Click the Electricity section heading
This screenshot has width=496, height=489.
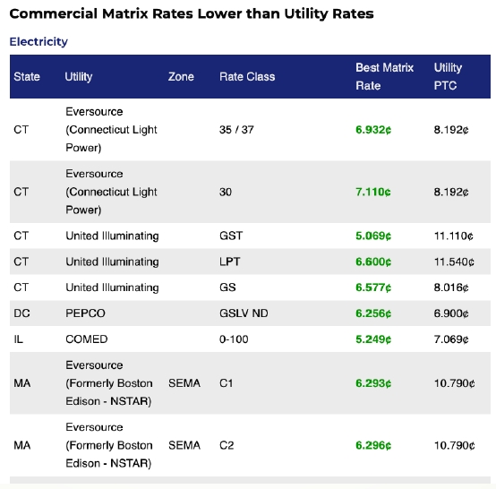(x=38, y=41)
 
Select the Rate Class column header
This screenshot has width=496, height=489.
(x=247, y=77)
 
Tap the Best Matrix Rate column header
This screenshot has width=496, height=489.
(x=384, y=77)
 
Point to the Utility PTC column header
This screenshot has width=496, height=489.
(x=448, y=77)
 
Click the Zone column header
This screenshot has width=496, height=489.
(x=181, y=77)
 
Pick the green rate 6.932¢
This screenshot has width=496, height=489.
(x=373, y=130)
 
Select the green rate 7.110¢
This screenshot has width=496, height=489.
(x=373, y=192)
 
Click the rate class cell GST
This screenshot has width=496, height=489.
(x=231, y=236)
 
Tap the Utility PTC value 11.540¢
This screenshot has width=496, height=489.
(x=454, y=262)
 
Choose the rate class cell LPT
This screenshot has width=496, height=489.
(x=230, y=262)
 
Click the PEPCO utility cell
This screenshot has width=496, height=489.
(x=85, y=313)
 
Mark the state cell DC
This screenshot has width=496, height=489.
(x=21, y=313)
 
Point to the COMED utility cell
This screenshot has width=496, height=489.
(x=87, y=339)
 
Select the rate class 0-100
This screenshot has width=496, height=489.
(x=234, y=339)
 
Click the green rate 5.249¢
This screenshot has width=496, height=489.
(x=373, y=339)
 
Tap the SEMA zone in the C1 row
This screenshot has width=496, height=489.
(x=184, y=383)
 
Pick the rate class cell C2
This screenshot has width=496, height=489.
(x=227, y=445)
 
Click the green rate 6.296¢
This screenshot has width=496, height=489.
(x=373, y=445)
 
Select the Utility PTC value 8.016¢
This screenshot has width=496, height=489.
(x=451, y=287)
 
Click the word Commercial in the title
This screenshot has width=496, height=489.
(x=54, y=14)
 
